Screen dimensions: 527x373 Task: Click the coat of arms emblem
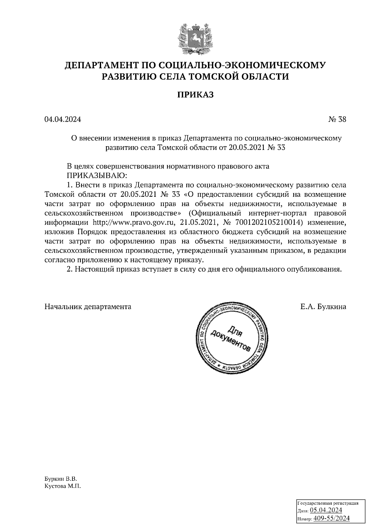click(195, 39)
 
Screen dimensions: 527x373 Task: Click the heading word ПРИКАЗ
click(196, 95)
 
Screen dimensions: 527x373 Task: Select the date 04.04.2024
click(63, 119)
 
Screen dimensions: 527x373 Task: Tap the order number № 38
click(337, 119)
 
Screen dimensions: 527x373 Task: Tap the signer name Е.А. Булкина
click(323, 307)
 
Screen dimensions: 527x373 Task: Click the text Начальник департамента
click(88, 307)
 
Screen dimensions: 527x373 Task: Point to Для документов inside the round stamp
click(231, 339)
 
